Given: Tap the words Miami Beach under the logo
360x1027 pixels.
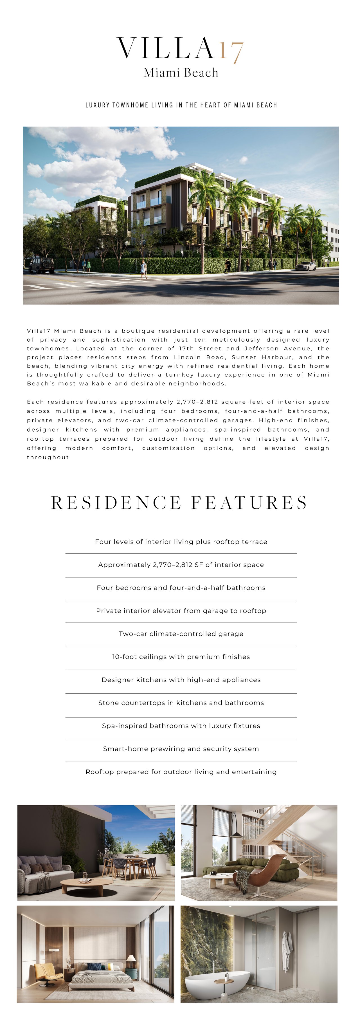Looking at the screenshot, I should point(181,73).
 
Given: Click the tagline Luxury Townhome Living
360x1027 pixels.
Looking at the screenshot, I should point(181,105).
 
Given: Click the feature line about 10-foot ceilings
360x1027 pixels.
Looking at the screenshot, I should point(181,657).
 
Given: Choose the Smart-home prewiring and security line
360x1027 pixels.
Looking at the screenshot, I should point(181,749).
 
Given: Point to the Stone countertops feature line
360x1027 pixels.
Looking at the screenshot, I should point(181,703).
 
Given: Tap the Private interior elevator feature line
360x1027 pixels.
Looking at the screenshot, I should point(181,611).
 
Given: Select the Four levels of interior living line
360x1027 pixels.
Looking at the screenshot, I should point(181,542).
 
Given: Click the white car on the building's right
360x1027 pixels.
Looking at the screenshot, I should point(306,266).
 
